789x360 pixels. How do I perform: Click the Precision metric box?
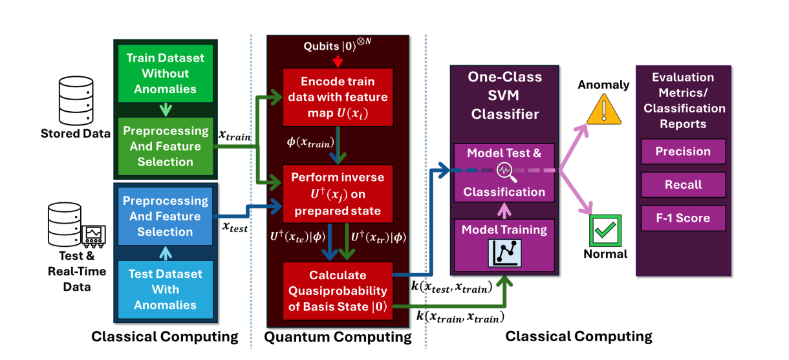click(683, 152)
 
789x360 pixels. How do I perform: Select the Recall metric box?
click(683, 185)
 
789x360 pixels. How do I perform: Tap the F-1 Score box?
click(683, 218)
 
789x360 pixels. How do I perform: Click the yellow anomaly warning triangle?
click(603, 111)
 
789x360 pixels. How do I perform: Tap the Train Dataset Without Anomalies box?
click(165, 73)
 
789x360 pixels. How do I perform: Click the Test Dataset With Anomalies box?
click(165, 289)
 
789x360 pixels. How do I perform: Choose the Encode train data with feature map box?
click(335, 97)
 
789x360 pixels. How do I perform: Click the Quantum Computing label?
click(338, 337)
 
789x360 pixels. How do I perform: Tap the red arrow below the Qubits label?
click(336, 61)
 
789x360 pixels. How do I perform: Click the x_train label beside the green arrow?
click(234, 136)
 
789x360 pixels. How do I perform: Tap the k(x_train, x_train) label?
click(460, 316)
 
